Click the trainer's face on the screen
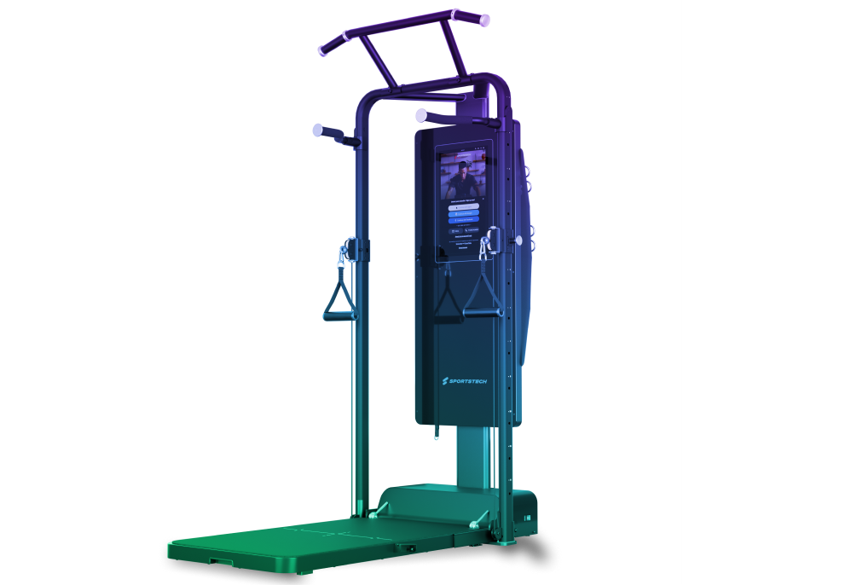click(463, 171)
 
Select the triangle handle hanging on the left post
click(339, 298)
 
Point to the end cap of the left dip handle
click(317, 130)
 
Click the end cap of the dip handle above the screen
click(420, 114)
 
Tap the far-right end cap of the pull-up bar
click(483, 18)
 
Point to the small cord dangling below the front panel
click(437, 434)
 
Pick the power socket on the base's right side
click(527, 513)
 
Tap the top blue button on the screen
click(464, 206)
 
